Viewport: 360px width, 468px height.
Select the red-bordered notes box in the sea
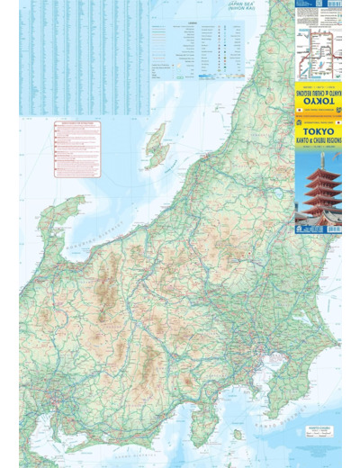[77, 149]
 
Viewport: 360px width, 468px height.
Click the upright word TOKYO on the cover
[311, 130]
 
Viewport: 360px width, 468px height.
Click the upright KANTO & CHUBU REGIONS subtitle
[318, 141]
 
